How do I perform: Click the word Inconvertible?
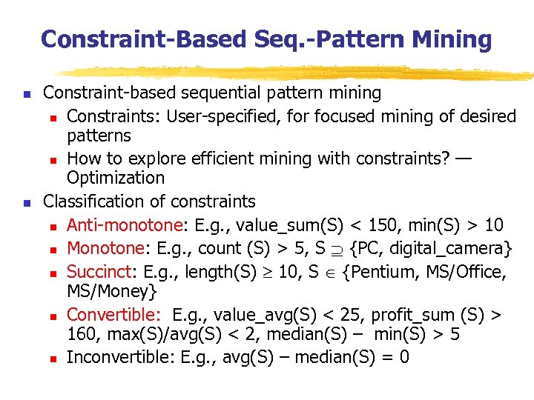[121, 357]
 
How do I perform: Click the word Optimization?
[116, 178]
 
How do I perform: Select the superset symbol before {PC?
[337, 249]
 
